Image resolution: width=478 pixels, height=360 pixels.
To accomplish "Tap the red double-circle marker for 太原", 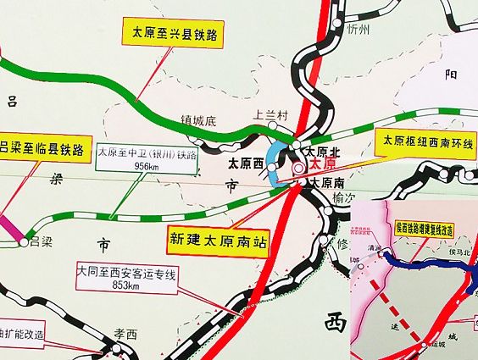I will click(299, 169).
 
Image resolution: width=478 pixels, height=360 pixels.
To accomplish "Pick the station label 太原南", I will click(326, 182).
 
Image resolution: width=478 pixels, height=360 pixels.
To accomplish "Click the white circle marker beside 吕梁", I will click(23, 242).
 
